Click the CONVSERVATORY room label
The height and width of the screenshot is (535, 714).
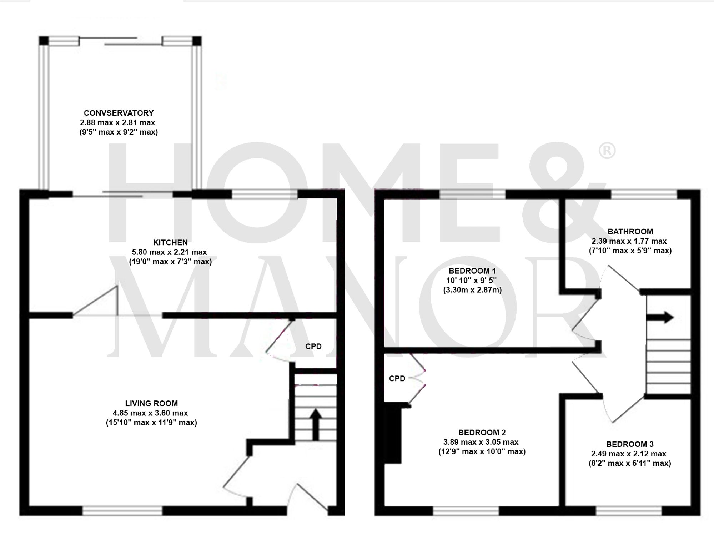pyautogui.click(x=119, y=113)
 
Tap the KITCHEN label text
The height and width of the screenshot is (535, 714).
pyautogui.click(x=170, y=243)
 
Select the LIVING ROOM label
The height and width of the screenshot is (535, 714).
pyautogui.click(x=151, y=404)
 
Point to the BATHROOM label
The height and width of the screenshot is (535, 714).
pyautogui.click(x=630, y=232)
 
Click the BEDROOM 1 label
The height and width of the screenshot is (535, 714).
pyautogui.click(x=472, y=271)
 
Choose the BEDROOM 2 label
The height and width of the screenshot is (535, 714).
pyautogui.click(x=482, y=433)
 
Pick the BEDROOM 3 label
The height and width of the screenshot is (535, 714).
pyautogui.click(x=630, y=444)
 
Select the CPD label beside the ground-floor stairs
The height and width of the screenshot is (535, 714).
pyautogui.click(x=313, y=347)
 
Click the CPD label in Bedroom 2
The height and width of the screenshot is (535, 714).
pyautogui.click(x=397, y=379)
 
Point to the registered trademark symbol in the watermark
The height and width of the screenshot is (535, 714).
pyautogui.click(x=607, y=151)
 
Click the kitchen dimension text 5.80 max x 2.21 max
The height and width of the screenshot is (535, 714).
pyautogui.click(x=169, y=252)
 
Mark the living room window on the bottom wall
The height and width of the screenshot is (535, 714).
pyautogui.click(x=122, y=511)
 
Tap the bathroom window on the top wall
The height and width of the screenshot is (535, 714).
pyautogui.click(x=644, y=194)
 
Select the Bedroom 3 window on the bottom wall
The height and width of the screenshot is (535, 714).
pyautogui.click(x=629, y=511)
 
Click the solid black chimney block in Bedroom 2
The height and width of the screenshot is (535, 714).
pyautogui.click(x=392, y=433)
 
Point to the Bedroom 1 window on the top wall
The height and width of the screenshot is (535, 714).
pyautogui.click(x=472, y=194)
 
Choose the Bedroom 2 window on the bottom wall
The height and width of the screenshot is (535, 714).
pyautogui.click(x=466, y=511)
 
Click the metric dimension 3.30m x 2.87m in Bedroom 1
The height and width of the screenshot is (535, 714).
pyautogui.click(x=472, y=290)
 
